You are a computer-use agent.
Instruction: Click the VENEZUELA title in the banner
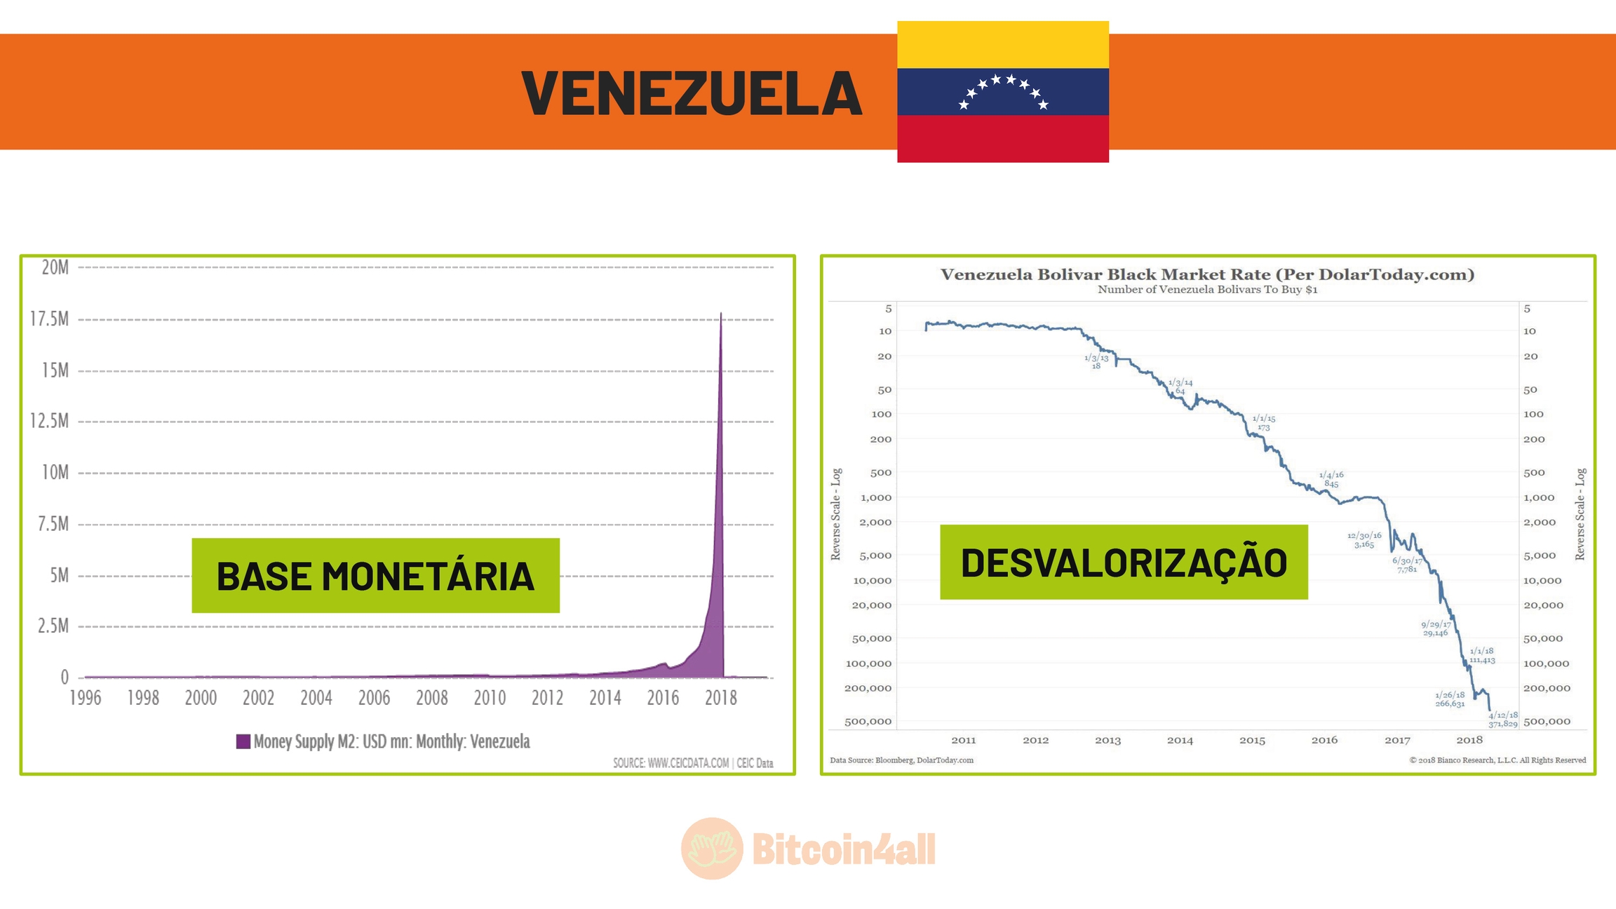(x=692, y=93)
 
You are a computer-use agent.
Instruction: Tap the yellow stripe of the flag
(x=1002, y=44)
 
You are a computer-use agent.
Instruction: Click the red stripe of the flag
(x=1002, y=139)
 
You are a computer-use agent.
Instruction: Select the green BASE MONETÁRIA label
(x=375, y=576)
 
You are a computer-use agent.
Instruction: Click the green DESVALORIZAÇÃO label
(x=1124, y=563)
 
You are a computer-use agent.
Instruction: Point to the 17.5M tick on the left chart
(x=50, y=319)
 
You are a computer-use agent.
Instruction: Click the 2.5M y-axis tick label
(x=53, y=626)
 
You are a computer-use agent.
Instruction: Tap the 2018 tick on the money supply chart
(x=720, y=698)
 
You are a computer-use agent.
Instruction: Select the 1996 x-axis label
(x=85, y=698)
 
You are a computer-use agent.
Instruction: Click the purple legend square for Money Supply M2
(x=243, y=741)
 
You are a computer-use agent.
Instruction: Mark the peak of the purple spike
(x=720, y=314)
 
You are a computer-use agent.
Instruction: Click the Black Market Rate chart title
(x=1207, y=274)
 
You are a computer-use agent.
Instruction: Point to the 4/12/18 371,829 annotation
(x=1502, y=719)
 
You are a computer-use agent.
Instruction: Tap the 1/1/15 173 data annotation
(x=1264, y=423)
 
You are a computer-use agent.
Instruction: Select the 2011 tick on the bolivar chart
(x=963, y=740)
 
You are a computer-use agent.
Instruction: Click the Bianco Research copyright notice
(x=1497, y=760)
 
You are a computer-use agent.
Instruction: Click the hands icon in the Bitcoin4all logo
(x=712, y=849)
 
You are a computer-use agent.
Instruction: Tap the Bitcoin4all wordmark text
(x=844, y=849)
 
